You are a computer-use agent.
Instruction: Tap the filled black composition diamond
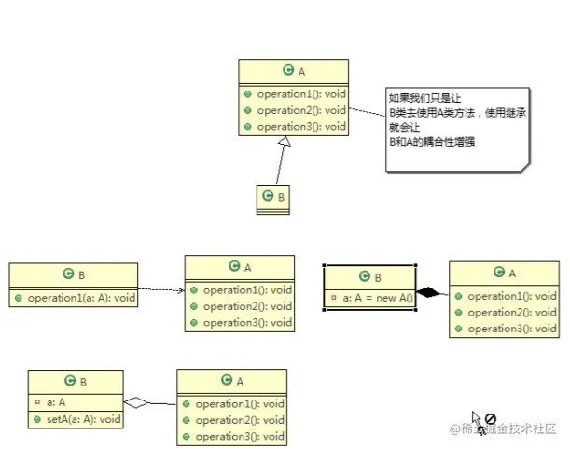(428, 293)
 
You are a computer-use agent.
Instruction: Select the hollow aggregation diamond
(136, 403)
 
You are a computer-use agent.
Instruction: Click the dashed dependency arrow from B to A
(160, 290)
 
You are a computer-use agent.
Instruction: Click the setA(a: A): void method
(84, 419)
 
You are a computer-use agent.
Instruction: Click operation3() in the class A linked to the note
(300, 127)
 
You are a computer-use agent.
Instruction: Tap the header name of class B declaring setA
(76, 382)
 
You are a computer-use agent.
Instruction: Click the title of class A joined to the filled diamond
(504, 273)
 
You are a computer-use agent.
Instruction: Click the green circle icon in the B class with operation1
(68, 274)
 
